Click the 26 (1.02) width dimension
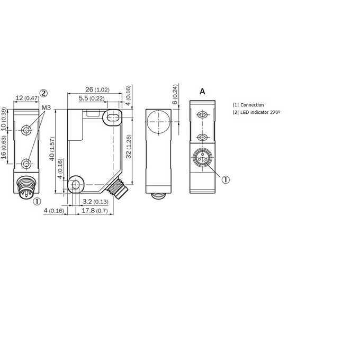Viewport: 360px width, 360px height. [97, 89]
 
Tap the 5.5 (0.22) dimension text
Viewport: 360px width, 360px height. [92, 98]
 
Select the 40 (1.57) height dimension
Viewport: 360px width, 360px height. [52, 149]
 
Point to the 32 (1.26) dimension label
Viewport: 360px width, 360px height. [129, 147]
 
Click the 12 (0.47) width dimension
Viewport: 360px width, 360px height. [26, 98]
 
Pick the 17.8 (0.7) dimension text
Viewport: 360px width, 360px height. [95, 210]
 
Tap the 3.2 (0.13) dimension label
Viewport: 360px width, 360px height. [95, 202]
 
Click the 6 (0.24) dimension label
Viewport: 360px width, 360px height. [175, 95]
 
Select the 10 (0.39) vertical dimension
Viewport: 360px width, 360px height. [4, 119]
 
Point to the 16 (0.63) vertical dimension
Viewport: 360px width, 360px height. [4, 147]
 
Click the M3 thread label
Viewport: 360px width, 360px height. [46, 107]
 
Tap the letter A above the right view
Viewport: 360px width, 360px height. [202, 92]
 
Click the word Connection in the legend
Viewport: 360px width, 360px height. [252, 105]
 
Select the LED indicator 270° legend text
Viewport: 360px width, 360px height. [260, 112]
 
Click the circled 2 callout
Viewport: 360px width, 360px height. [43, 93]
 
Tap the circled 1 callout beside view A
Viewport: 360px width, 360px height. [226, 179]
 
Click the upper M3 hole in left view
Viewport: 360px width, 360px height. [26, 130]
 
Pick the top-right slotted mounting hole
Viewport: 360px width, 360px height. [112, 118]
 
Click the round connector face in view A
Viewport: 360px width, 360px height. [202, 158]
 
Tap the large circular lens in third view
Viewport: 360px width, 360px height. [159, 122]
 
